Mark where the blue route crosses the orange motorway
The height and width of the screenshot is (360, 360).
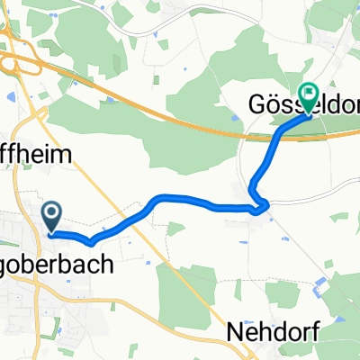[x=280, y=134]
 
